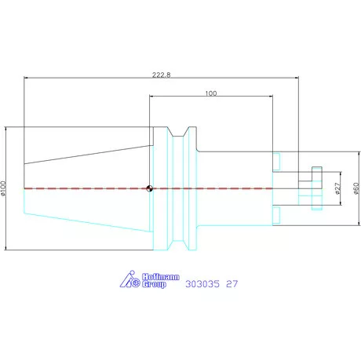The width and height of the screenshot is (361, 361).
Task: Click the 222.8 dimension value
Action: click(162, 75)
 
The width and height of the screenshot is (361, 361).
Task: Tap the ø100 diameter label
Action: click(3, 188)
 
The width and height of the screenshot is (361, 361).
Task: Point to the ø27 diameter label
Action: click(337, 188)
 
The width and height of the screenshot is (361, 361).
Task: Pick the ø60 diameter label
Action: click(356, 188)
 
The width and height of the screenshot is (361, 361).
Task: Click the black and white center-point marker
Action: click(149, 188)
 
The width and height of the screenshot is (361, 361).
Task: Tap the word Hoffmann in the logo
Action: click(161, 277)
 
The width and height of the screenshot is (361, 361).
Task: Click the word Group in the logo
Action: click(154, 284)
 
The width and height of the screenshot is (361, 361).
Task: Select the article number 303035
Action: click(202, 284)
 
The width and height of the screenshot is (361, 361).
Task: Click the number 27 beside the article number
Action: click(232, 284)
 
